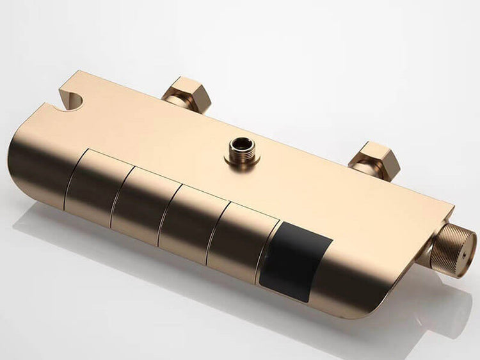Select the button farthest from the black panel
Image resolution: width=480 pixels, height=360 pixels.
click(91, 186)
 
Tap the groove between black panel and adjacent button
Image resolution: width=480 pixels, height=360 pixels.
click(269, 246)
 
